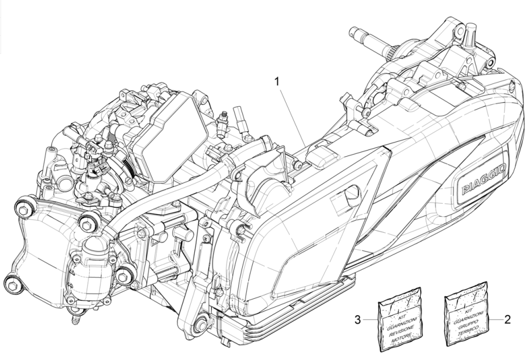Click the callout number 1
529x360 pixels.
pos(277,82)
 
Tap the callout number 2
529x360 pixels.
pos(507,320)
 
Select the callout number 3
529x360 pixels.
pos(358,320)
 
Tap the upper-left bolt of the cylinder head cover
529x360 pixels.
pos(24,209)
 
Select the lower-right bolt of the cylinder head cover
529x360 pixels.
pos(124,277)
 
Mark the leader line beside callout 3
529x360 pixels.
pos(370,320)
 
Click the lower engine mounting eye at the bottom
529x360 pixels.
pos(200,326)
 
